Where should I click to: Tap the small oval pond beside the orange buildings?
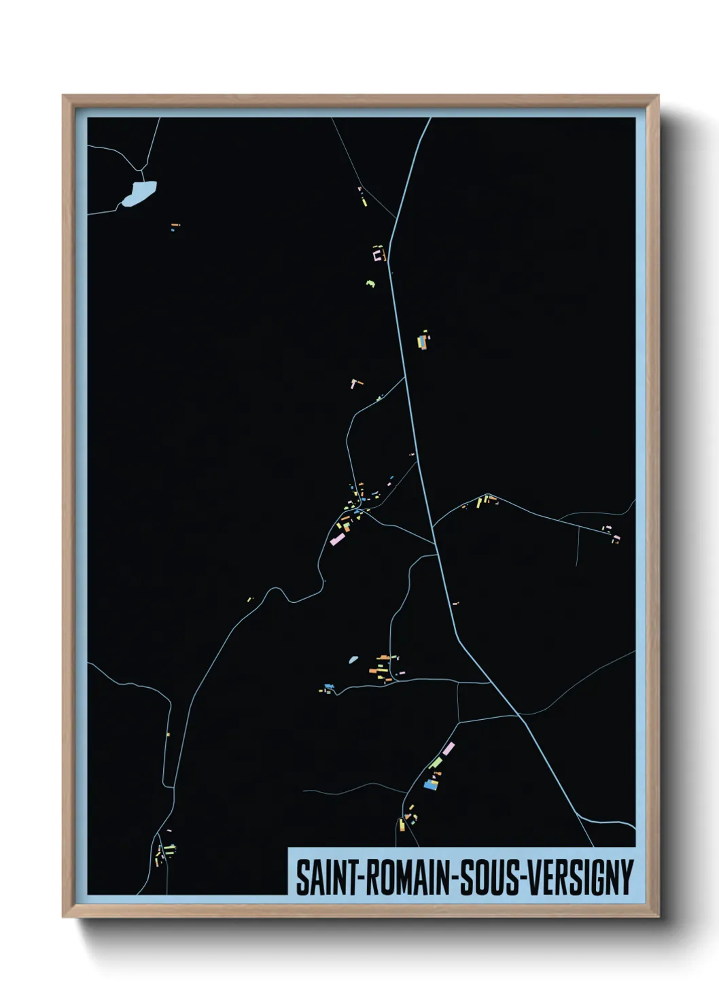[353, 659]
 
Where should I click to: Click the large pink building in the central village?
[337, 539]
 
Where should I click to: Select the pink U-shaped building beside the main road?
[379, 255]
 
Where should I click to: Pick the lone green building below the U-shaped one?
[370, 282]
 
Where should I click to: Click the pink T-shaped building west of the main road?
[354, 383]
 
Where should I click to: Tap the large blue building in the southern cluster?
[430, 783]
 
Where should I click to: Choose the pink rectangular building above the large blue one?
[448, 748]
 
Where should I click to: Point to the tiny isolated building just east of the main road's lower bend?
[455, 603]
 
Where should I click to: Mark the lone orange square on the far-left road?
[167, 734]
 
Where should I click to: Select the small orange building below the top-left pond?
[175, 224]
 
